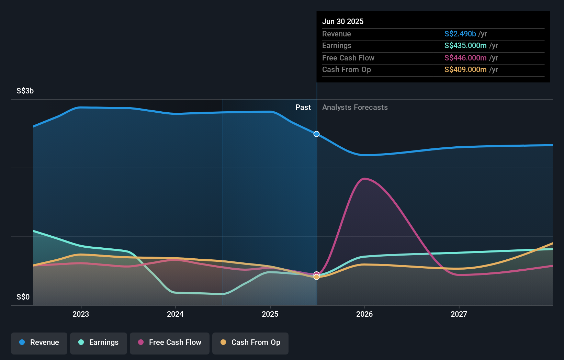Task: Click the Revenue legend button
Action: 39,342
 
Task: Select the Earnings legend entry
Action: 99,342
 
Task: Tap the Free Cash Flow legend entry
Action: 170,342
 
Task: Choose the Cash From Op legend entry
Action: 250,342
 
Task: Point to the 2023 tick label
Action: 81,314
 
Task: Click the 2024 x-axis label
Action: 175,314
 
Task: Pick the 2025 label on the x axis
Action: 270,314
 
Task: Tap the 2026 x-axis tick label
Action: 364,314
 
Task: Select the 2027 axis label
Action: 459,314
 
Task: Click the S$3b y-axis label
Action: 25,91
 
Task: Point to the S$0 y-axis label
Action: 23,297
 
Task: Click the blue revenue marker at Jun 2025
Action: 317,134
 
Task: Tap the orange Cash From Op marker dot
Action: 317,277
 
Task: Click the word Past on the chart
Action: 303,108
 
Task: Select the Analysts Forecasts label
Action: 355,108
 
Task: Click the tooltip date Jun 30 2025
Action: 343,21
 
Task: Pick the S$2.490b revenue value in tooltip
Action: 460,34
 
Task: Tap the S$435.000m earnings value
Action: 465,45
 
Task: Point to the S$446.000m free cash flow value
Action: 465,58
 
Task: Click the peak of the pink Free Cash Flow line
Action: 364,179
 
